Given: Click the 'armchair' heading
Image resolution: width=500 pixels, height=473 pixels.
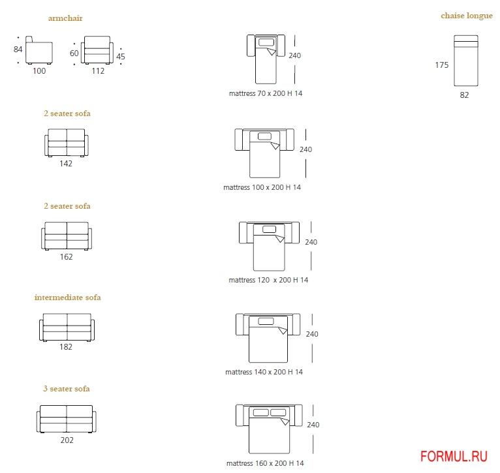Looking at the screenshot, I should pyautogui.click(x=65, y=18).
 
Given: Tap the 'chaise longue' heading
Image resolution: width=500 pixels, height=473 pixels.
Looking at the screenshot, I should pyautogui.click(x=467, y=16).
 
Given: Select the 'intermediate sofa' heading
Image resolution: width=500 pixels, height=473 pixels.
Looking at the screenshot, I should pyautogui.click(x=68, y=298).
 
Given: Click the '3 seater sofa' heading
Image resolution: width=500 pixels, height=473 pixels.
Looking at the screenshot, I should pyautogui.click(x=67, y=389).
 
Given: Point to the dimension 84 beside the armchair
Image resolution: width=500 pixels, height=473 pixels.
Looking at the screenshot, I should pyautogui.click(x=18, y=49).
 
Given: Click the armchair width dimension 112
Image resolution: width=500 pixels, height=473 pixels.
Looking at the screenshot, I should pyautogui.click(x=98, y=71).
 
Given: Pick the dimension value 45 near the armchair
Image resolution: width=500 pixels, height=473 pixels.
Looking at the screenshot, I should pyautogui.click(x=121, y=57).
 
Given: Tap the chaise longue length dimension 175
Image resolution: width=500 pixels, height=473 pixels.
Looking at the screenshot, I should pyautogui.click(x=443, y=65).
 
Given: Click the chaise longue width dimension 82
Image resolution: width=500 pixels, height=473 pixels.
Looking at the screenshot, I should pyautogui.click(x=464, y=95).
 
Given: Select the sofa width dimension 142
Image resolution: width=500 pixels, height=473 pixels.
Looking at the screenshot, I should pyautogui.click(x=66, y=164).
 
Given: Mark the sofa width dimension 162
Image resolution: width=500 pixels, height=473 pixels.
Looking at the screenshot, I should pyautogui.click(x=66, y=256).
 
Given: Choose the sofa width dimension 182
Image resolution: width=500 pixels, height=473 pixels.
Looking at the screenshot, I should pyautogui.click(x=66, y=347).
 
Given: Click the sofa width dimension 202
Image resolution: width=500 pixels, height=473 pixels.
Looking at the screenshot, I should pyautogui.click(x=67, y=440).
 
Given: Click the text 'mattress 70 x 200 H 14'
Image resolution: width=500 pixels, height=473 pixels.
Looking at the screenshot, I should pyautogui.click(x=266, y=93).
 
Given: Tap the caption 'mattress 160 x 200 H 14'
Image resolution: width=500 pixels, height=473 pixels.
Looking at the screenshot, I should pyautogui.click(x=265, y=464).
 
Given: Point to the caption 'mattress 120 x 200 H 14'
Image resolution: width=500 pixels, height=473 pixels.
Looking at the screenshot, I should pyautogui.click(x=268, y=280).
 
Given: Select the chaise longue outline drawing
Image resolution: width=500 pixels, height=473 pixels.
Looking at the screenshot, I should pyautogui.click(x=466, y=61).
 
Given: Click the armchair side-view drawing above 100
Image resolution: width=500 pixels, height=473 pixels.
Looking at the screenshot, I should pyautogui.click(x=39, y=52).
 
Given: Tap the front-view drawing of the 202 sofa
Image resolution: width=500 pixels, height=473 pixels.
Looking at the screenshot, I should pyautogui.click(x=67, y=419).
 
